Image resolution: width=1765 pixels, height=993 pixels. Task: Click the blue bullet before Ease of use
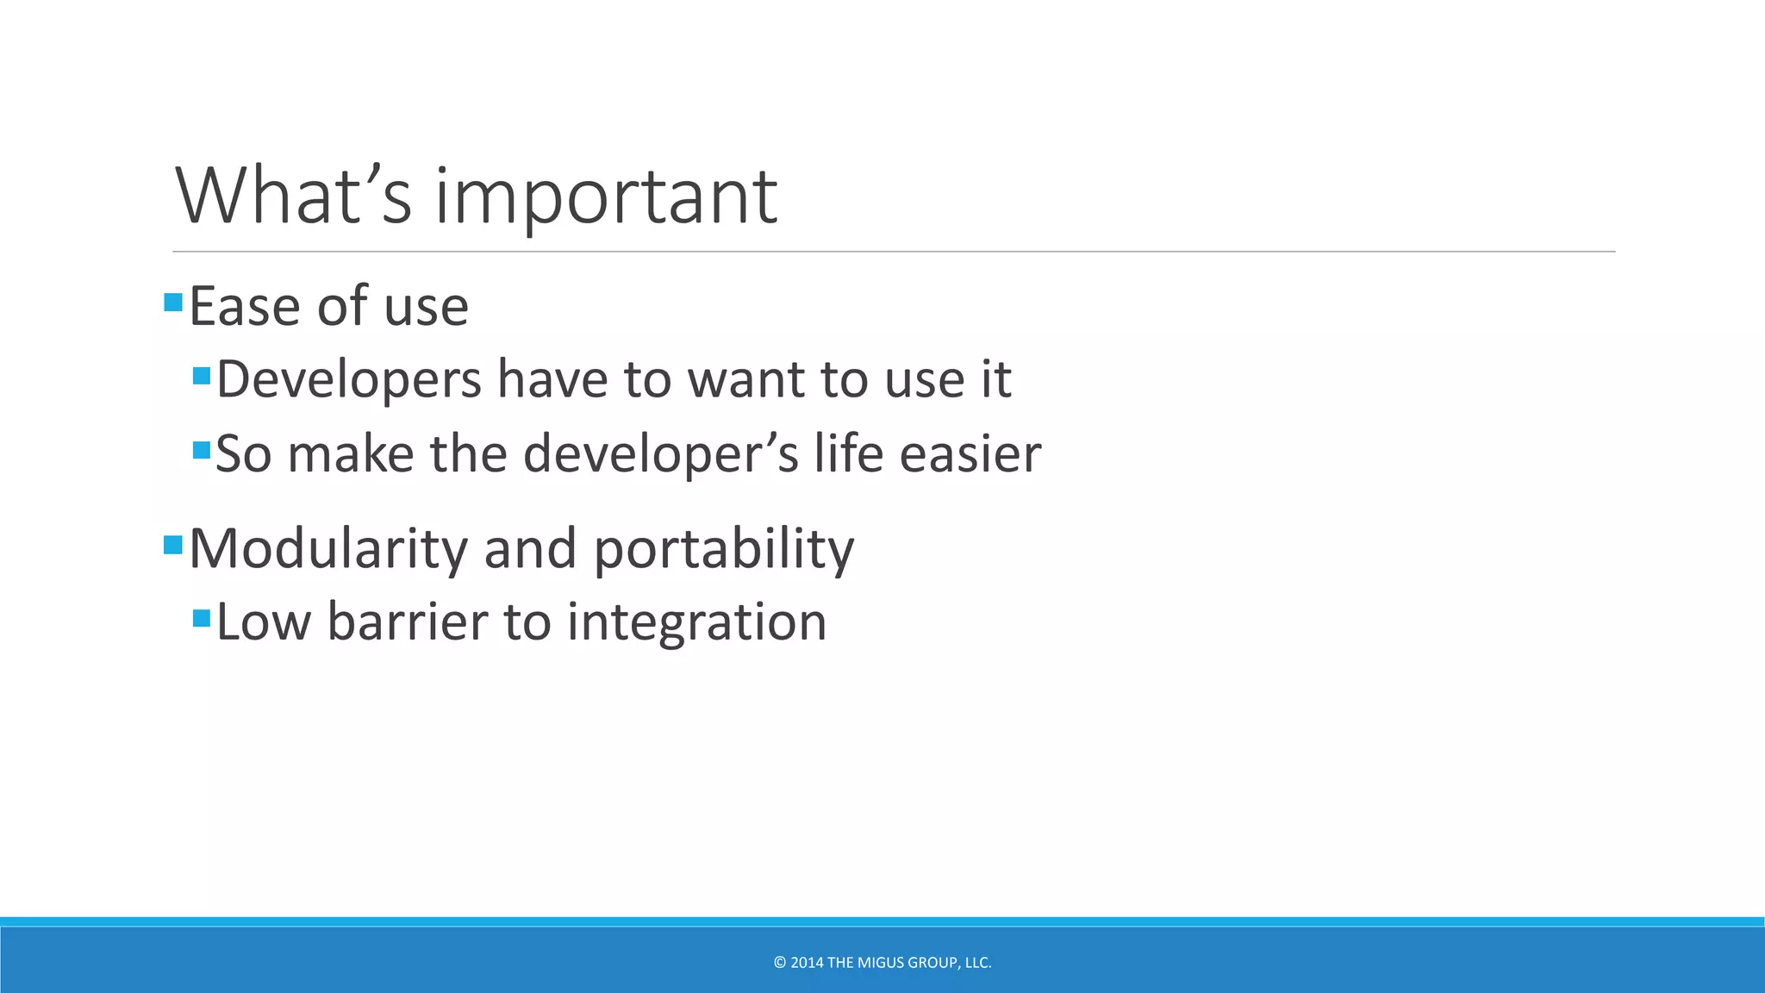coord(173,302)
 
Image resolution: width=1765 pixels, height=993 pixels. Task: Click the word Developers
coord(348,379)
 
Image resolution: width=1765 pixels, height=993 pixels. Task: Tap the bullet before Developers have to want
coord(202,376)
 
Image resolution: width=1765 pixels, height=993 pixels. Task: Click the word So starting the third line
coord(243,454)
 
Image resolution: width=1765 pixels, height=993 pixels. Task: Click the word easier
coord(970,454)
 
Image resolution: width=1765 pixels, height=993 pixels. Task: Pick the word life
coord(848,453)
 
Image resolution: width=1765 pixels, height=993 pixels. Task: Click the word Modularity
coord(327,548)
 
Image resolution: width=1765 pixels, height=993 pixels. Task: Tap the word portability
coord(724,550)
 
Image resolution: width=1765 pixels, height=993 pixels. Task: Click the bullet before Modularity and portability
coord(173,545)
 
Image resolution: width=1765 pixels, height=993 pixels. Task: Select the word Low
coord(263,621)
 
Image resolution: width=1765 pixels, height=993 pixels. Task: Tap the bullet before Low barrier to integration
coord(202,618)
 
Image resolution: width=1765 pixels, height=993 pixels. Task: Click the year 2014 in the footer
coord(807,963)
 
